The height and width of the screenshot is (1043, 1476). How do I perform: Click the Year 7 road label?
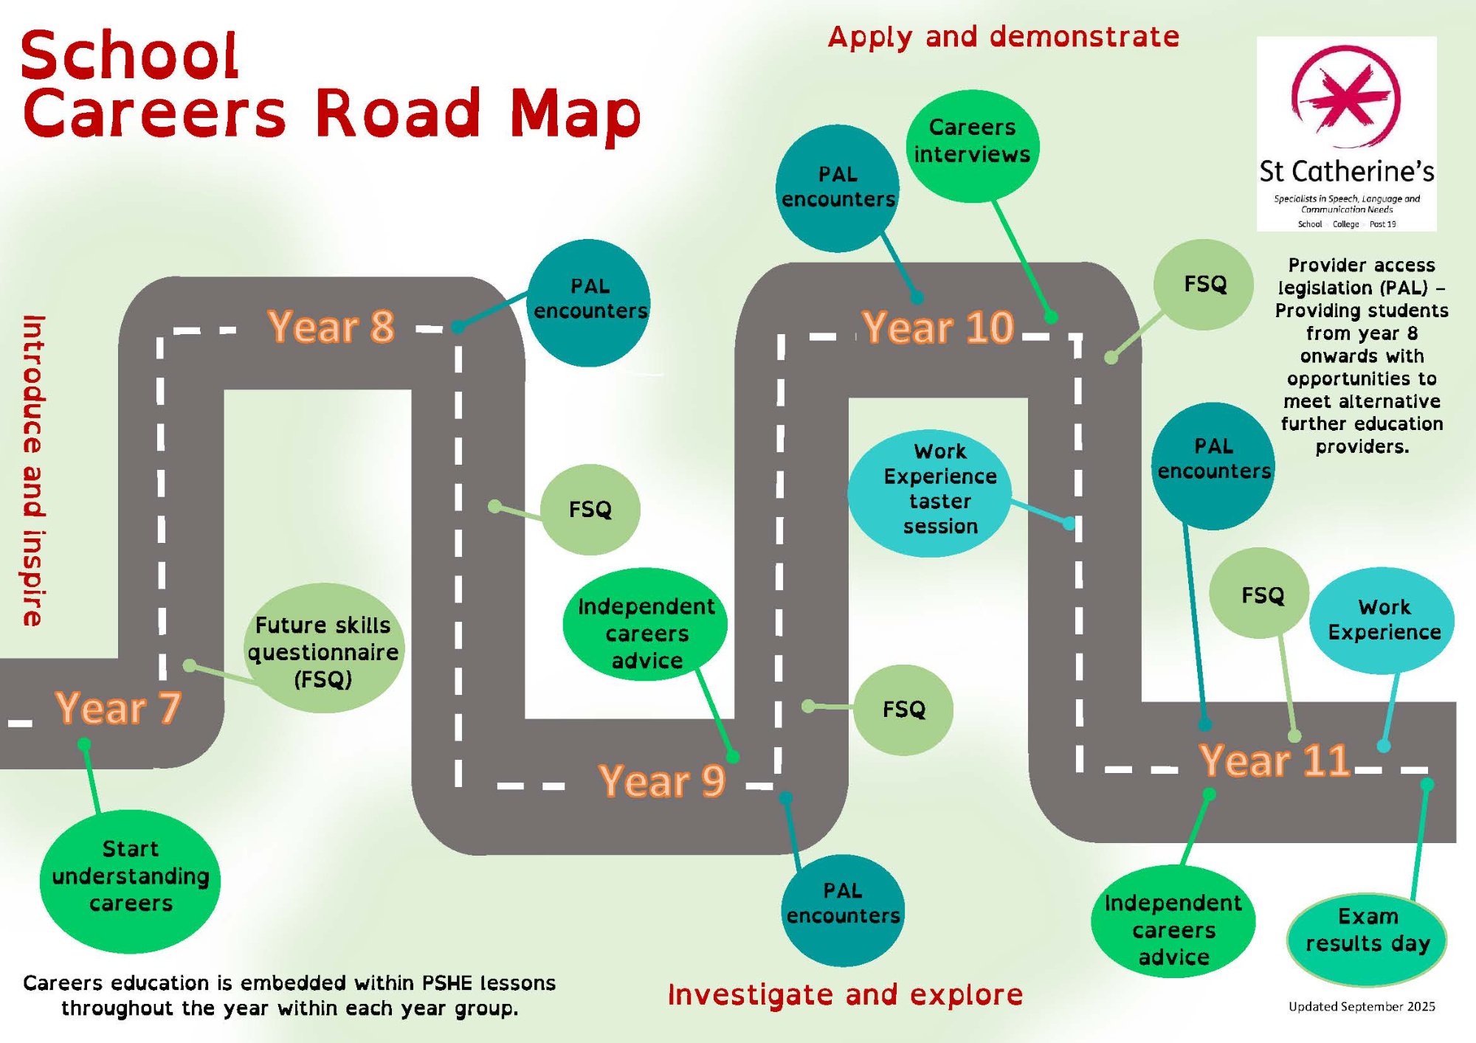pyautogui.click(x=118, y=708)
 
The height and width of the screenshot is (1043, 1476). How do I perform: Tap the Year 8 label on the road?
pyautogui.click(x=331, y=327)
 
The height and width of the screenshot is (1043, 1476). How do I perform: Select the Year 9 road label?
pyautogui.click(x=662, y=781)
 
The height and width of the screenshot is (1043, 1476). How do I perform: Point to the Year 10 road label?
pyautogui.click(x=938, y=328)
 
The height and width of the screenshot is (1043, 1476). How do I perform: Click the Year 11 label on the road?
pyautogui.click(x=1275, y=760)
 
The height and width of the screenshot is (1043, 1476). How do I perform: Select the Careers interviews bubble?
pyautogui.click(x=972, y=142)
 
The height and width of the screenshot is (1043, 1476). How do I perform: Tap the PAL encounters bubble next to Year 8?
pyautogui.click(x=590, y=299)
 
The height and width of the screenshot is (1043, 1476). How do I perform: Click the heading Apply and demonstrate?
pyautogui.click(x=1004, y=37)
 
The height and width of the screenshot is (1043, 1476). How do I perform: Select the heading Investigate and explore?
pyautogui.click(x=845, y=995)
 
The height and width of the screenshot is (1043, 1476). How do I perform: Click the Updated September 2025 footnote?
pyautogui.click(x=1362, y=1007)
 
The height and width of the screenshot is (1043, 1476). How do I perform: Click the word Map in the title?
pyautogui.click(x=575, y=114)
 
